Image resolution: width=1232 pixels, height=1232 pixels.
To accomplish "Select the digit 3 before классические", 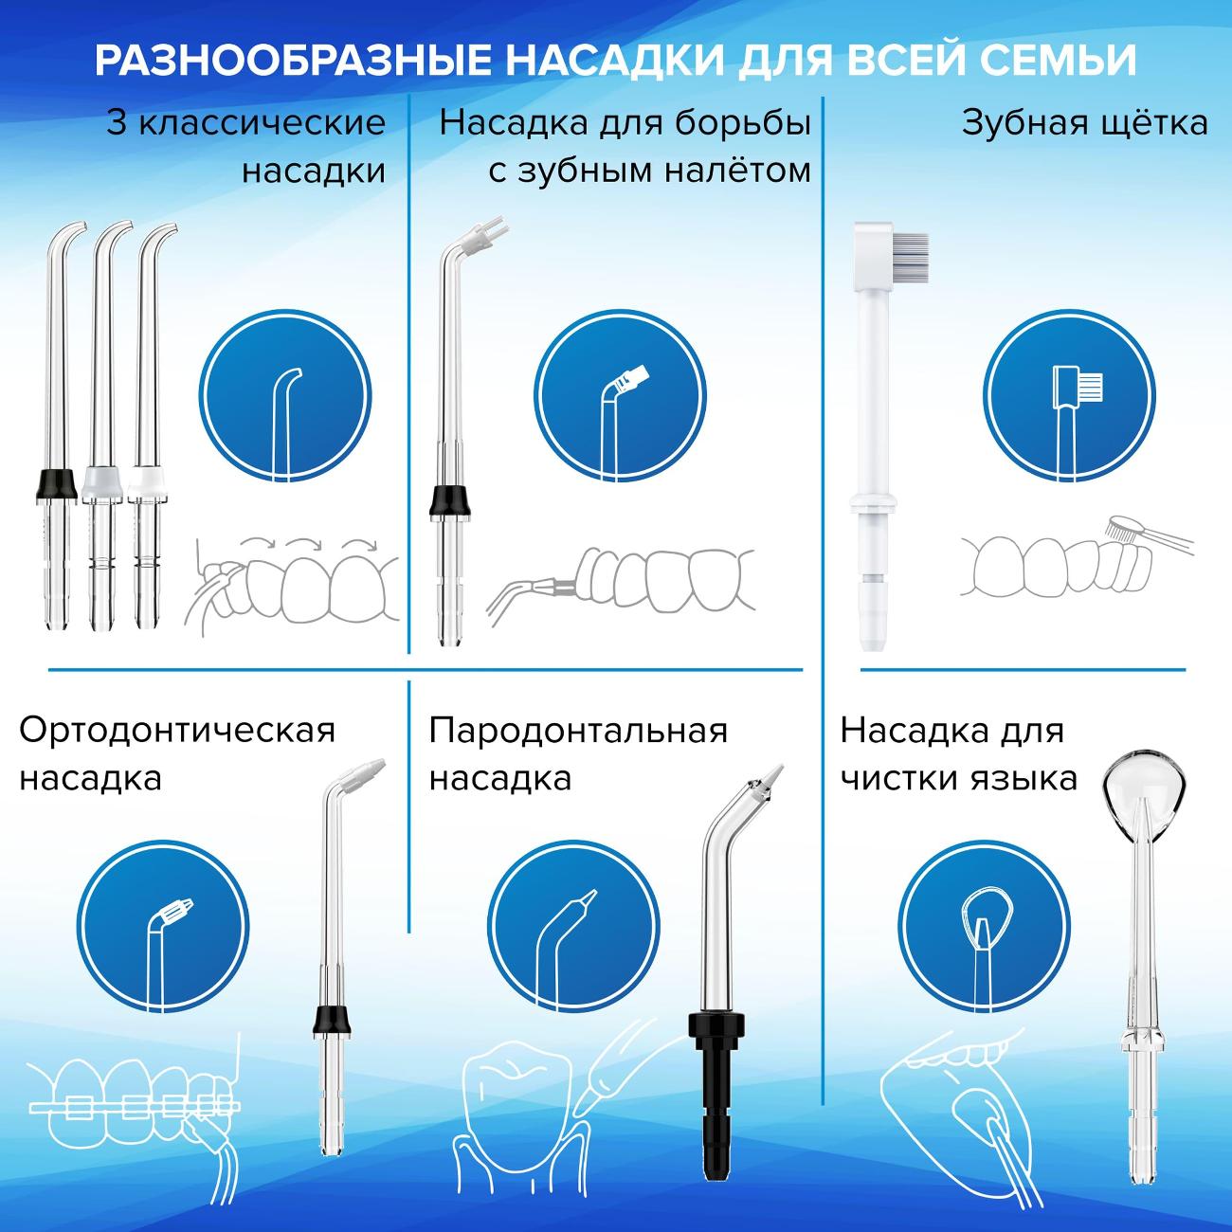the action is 117,123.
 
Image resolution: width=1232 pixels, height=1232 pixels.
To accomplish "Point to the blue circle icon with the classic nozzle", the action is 285,395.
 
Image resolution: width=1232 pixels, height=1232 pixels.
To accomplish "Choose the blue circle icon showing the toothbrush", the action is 1070,395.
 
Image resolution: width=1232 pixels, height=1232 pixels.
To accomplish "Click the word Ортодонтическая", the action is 177,731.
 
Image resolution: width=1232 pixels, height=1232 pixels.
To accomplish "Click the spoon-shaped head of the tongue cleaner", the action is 1145,780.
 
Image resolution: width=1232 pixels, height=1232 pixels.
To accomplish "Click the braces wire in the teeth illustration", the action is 136,1104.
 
